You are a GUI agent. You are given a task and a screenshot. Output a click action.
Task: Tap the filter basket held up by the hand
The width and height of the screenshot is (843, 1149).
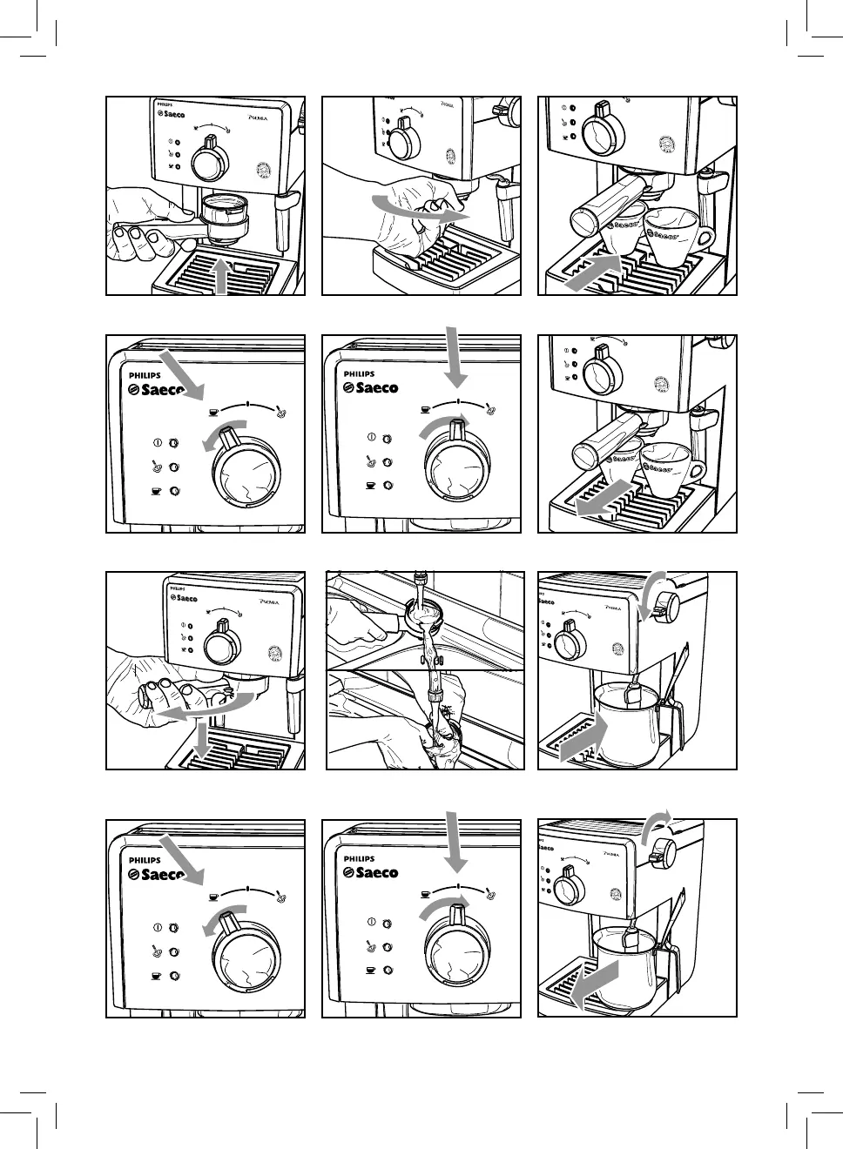coord(224,213)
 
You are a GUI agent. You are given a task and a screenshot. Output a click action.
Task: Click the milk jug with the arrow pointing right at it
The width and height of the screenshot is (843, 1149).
coord(625,721)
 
